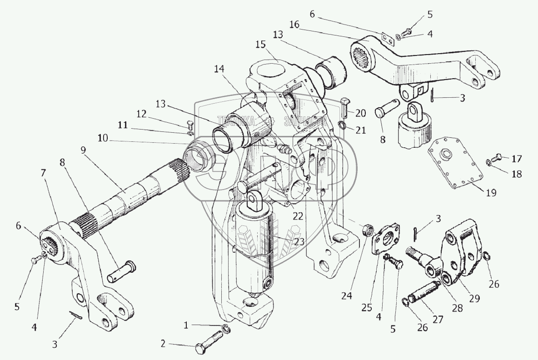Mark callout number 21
click(x=360, y=130)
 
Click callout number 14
click(x=219, y=69)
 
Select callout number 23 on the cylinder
click(x=298, y=241)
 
